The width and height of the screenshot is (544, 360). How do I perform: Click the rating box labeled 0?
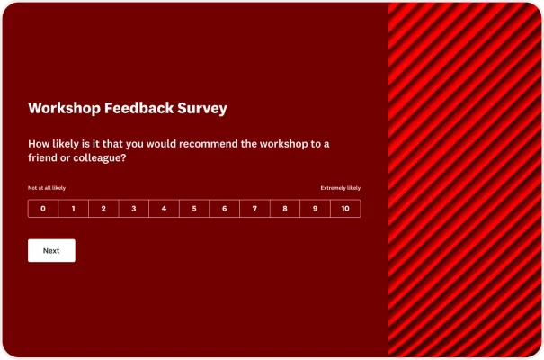point(43,209)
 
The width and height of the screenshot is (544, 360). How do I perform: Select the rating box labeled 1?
point(74,209)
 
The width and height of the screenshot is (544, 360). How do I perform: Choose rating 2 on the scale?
point(103,209)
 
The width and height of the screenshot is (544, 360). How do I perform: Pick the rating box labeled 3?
point(134,209)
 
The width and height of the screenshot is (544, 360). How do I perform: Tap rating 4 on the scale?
point(164,209)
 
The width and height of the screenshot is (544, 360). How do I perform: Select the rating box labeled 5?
point(194,209)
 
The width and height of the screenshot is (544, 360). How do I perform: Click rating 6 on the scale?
point(225,209)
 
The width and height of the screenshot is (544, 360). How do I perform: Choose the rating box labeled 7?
point(254,209)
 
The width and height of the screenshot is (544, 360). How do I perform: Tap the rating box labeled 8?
point(285,209)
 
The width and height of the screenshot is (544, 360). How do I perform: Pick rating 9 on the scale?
point(315,209)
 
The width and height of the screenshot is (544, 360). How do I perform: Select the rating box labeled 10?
point(345,209)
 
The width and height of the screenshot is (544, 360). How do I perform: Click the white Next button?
point(51,251)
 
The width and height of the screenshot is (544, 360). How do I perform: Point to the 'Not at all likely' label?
point(47,188)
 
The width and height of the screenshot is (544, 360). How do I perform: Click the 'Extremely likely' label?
point(341,188)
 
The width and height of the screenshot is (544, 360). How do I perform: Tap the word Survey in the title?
point(203,109)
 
